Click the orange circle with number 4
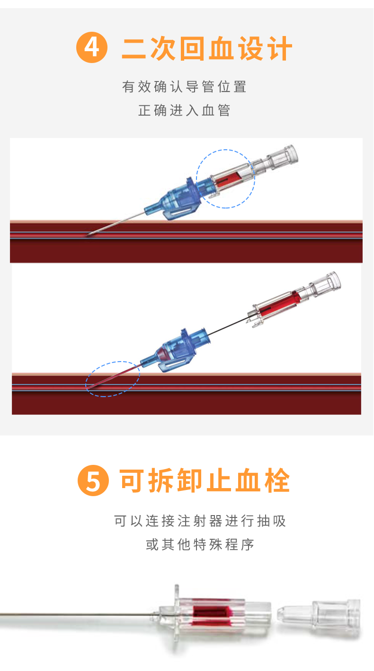coord(92,47)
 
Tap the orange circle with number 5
coord(93,480)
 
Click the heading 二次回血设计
coord(207,48)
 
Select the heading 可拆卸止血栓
coord(205,480)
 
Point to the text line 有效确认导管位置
coord(184,87)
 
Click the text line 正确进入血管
coord(184,110)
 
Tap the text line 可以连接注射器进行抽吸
coord(200,521)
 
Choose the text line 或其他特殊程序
coord(200,544)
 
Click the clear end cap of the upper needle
coord(283,157)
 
